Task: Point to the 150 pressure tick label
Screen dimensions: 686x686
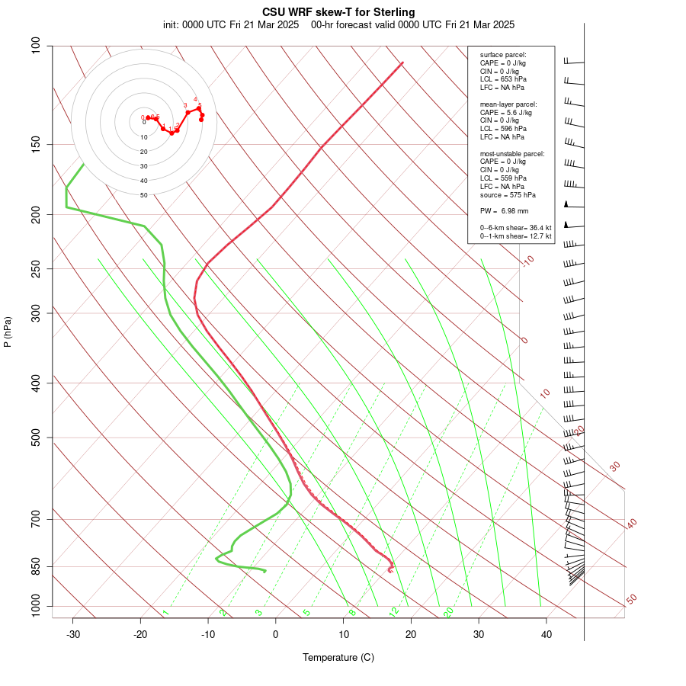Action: (36, 144)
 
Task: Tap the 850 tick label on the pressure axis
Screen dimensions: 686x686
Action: (36, 566)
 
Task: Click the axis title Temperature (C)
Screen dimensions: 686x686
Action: (338, 657)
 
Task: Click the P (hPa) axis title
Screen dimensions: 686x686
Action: (8, 332)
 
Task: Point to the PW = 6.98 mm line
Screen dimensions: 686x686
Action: (504, 210)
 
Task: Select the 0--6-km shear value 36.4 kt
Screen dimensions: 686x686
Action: (537, 227)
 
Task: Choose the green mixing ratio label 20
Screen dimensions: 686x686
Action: (449, 611)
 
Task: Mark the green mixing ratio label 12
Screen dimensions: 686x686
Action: (394, 611)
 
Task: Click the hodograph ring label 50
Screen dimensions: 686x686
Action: (143, 195)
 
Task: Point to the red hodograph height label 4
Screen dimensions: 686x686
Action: (195, 99)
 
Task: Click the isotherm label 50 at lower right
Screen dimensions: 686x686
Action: (631, 599)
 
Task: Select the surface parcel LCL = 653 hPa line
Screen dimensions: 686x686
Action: (503, 79)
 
